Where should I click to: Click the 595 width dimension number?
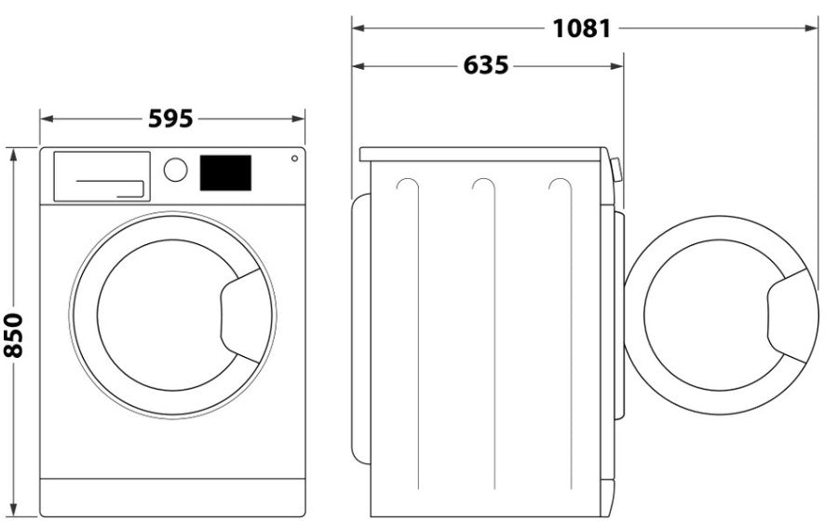coord(170,119)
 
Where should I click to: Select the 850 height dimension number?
coord(14,334)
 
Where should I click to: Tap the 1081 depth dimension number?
coord(581,29)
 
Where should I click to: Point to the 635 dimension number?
coord(486,66)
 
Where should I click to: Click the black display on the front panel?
coord(225,173)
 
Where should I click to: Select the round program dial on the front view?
coord(175,170)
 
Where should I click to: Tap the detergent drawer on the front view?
coord(101,176)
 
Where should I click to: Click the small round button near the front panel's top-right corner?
coord(294,158)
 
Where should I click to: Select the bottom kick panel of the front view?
coord(172,497)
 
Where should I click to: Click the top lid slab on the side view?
coord(482,154)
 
